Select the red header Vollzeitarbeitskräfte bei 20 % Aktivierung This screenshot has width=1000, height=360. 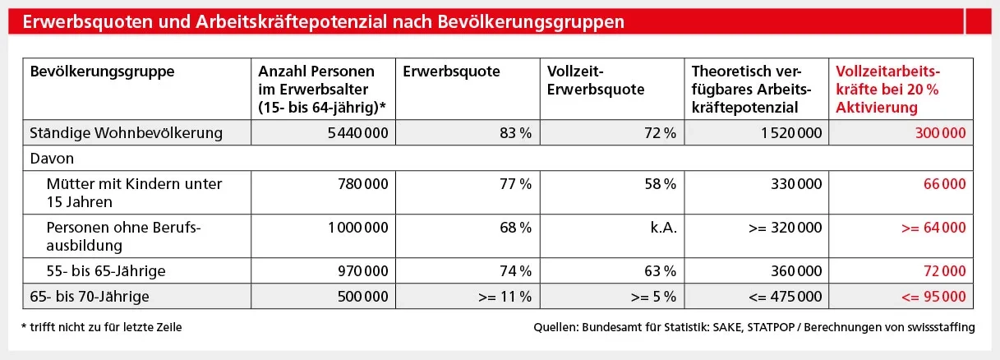point(888,89)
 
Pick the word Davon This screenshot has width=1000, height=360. point(48,156)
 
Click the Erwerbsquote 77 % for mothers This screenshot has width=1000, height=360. point(514,184)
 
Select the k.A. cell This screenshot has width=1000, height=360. point(662,228)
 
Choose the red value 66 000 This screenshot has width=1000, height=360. point(945,184)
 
